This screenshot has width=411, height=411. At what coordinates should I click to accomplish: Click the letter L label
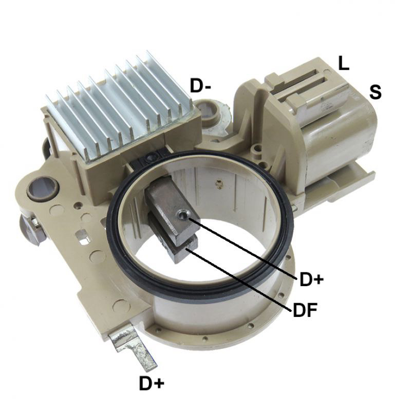(343, 63)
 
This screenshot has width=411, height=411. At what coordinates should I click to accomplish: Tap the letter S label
(375, 92)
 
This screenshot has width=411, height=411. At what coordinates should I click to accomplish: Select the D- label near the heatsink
(200, 85)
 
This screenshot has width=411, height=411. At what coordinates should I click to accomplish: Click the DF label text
(305, 310)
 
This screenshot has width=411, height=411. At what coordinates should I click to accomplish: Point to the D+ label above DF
(312, 279)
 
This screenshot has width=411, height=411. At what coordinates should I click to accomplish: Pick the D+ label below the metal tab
(152, 383)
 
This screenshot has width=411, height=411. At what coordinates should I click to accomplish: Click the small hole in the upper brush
(183, 216)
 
